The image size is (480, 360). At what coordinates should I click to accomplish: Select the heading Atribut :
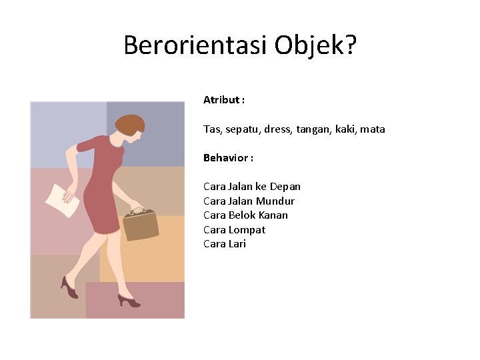coord(224,100)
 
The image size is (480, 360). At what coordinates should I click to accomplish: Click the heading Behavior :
coord(228,158)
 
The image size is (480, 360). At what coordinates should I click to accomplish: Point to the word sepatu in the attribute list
coord(242,129)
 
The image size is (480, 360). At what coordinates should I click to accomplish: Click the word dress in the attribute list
coord(279,129)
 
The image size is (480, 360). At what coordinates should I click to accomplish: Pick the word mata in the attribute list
coord(373,129)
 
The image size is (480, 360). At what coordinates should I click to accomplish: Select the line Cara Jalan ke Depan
coord(252,187)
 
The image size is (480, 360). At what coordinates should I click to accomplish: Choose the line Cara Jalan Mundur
coord(249,201)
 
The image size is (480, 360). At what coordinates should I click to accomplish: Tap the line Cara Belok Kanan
coord(245,215)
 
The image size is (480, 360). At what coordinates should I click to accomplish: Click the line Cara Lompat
coord(234,230)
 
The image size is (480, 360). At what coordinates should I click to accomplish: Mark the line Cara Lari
coord(225,244)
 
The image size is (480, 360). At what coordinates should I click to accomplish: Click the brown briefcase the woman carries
coord(140,224)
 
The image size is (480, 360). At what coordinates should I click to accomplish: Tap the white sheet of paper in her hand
coord(61,199)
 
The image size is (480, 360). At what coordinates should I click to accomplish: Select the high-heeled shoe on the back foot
coord(69,287)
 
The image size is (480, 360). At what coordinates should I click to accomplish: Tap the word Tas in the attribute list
coord(211,129)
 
